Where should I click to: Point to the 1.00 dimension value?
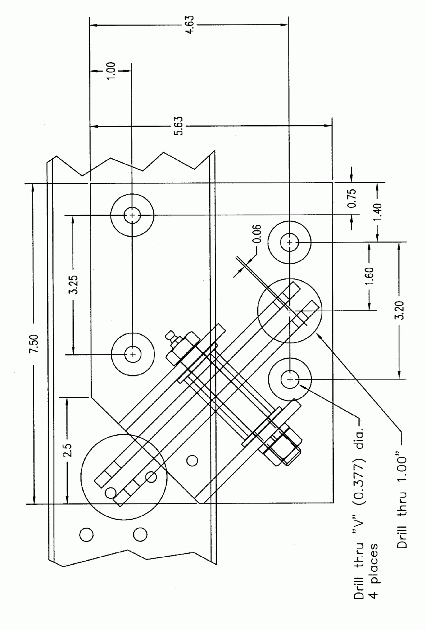112,71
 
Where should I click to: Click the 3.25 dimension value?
74,284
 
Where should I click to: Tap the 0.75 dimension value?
352,198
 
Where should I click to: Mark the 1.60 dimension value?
369,276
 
